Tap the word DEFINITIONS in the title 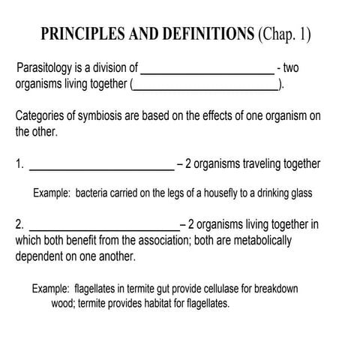[212, 35]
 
